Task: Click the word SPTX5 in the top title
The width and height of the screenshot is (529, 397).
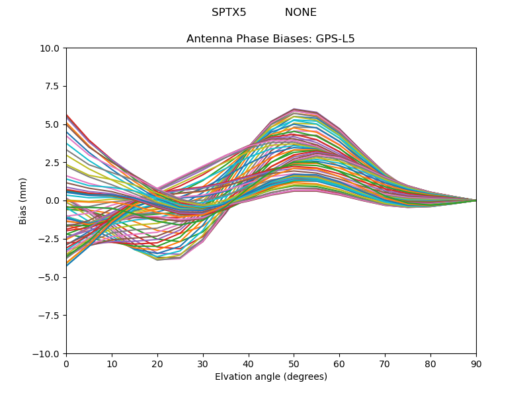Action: click(x=229, y=13)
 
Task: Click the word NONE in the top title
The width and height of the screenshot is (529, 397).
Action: click(x=301, y=13)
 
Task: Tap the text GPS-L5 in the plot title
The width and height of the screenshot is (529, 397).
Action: click(x=335, y=39)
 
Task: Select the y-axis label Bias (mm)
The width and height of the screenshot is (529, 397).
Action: click(x=23, y=200)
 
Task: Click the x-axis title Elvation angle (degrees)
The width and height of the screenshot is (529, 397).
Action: click(x=271, y=377)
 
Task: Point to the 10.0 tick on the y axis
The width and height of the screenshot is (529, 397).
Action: click(x=51, y=48)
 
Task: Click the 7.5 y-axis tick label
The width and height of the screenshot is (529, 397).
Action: click(x=54, y=86)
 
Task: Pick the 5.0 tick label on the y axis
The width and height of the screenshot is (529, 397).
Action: click(x=54, y=124)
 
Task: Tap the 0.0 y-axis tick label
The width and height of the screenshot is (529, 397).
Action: click(x=54, y=200)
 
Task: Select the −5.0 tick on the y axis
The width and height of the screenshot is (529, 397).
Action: click(x=51, y=277)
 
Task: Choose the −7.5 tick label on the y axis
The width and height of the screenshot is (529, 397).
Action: click(x=51, y=316)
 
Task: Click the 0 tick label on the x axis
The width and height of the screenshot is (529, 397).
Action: click(x=66, y=363)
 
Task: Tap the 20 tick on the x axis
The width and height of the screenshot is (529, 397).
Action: click(x=157, y=363)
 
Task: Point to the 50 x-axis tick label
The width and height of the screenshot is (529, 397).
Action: click(x=294, y=363)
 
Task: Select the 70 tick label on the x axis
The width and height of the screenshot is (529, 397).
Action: click(x=385, y=363)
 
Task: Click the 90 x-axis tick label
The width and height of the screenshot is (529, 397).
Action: click(x=476, y=363)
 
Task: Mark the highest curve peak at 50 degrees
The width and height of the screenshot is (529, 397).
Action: click(x=294, y=109)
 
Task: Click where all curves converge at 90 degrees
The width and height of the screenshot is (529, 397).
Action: click(x=475, y=200)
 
